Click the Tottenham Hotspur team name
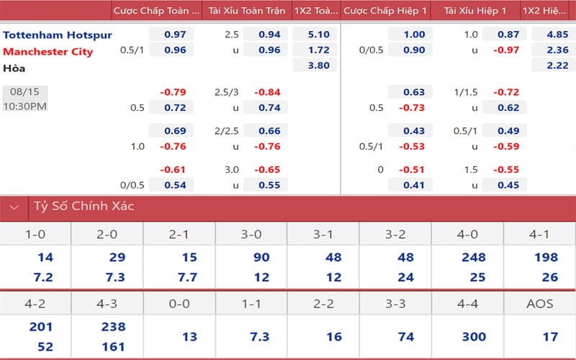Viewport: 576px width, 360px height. point(58,35)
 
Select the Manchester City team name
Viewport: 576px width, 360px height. point(51,51)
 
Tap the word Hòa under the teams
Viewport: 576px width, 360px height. point(14,68)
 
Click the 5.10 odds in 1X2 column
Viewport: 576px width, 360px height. point(318,35)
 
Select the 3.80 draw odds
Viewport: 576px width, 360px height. point(318,66)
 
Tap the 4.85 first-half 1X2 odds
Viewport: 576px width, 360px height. point(555,35)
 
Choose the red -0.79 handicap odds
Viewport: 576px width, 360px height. point(173,92)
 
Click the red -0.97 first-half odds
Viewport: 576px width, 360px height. point(505,50)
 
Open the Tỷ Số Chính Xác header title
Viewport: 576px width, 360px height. point(84,206)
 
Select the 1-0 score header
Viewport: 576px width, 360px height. point(35,235)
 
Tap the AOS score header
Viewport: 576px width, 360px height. point(539,304)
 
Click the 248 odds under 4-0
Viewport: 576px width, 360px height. point(467,258)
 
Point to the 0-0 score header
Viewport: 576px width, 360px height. point(179,304)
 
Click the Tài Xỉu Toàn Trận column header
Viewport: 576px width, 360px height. point(246,11)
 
